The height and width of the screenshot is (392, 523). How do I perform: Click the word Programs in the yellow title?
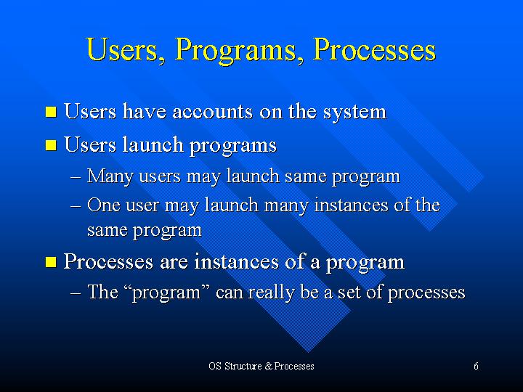pos(236,51)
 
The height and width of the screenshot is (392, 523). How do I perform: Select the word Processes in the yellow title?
pos(374,49)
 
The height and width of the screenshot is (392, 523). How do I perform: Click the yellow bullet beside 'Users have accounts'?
pos(51,112)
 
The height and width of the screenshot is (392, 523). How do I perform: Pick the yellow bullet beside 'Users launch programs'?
pos(51,145)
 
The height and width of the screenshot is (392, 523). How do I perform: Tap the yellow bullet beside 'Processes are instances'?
pos(51,261)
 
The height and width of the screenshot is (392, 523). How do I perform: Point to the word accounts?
pos(212,113)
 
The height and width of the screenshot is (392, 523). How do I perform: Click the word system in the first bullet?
pos(354,113)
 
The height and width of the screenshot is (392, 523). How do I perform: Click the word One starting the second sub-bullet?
pos(104,205)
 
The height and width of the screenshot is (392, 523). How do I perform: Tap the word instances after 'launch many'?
pos(352,205)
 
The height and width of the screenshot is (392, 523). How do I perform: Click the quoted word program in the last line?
pos(167,293)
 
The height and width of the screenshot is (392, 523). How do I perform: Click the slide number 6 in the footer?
pos(476,366)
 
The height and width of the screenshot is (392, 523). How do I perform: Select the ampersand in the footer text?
pos(269,366)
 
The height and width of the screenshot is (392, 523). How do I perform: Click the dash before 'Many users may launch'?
pos(76,177)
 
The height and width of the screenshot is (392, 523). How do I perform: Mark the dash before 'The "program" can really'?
pos(76,293)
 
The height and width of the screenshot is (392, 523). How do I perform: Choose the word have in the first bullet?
pos(145,111)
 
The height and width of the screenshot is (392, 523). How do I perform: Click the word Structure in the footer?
pos(243,366)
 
